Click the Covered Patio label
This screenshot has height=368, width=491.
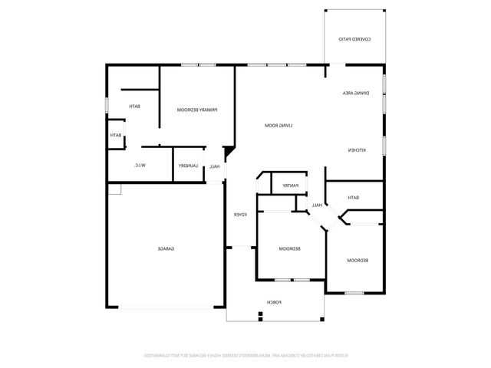point(355,38)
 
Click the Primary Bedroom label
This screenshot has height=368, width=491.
point(198,110)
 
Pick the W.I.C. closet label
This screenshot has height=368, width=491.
point(140,165)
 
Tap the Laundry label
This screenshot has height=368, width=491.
point(189,166)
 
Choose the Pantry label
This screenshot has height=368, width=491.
point(290,185)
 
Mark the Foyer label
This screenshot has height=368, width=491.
point(239,215)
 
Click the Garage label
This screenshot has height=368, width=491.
point(166,249)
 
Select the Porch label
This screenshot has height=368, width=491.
point(275,303)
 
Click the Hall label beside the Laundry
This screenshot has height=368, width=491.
point(216,166)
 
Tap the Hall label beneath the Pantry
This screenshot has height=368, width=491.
point(316,205)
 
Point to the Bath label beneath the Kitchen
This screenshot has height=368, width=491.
point(354,198)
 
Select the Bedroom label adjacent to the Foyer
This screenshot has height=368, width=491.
point(288,249)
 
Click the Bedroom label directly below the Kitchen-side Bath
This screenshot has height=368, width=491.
point(358,261)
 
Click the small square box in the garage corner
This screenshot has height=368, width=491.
point(114,189)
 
